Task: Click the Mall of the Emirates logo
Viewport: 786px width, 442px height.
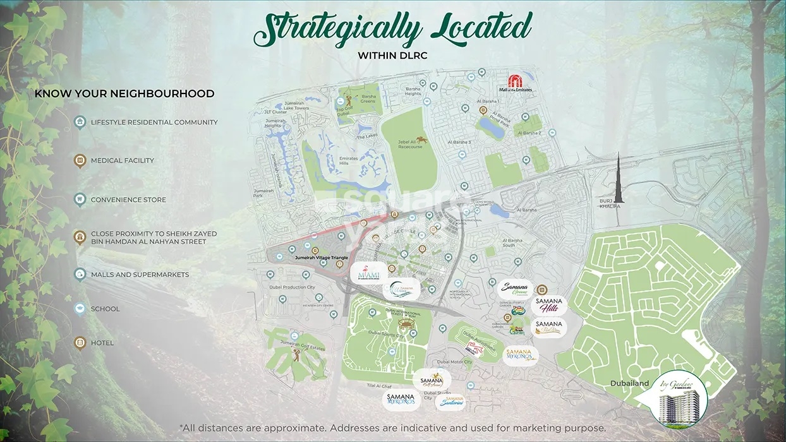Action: (520, 83)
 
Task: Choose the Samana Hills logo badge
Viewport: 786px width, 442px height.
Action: (548, 306)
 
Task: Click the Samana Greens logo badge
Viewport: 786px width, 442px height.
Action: (515, 288)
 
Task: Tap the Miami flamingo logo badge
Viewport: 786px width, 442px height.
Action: (368, 273)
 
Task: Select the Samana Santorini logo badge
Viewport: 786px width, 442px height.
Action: (454, 401)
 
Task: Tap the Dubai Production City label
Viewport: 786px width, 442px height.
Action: (293, 287)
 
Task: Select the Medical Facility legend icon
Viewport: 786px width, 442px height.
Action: (80, 160)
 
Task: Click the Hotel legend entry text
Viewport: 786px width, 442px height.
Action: (102, 343)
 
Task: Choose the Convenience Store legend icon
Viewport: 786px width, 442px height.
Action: (80, 200)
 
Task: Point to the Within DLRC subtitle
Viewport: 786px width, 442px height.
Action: (392, 56)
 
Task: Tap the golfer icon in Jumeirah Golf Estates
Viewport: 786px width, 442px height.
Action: (295, 354)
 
